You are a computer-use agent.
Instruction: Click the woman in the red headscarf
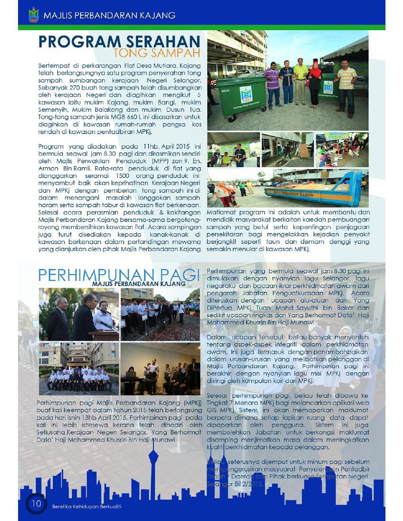click(315, 86)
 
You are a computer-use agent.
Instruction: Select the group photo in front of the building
click(79, 369)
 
